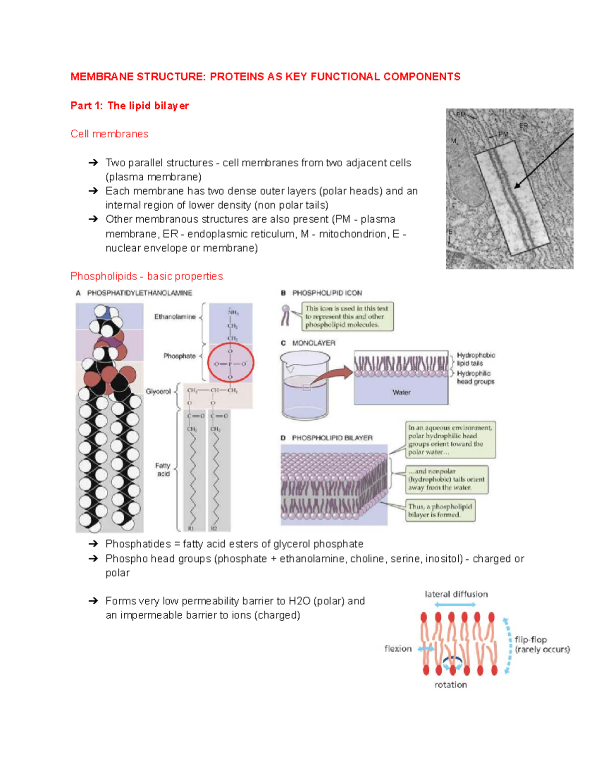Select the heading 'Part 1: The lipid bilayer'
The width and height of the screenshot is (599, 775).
[129, 106]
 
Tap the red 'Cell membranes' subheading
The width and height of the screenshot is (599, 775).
[109, 134]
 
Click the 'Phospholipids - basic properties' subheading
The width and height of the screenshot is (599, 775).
[146, 276]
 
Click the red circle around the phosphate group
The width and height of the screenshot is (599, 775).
[231, 363]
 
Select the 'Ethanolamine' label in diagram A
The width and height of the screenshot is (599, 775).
[175, 317]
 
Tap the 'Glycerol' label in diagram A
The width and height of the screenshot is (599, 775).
[158, 392]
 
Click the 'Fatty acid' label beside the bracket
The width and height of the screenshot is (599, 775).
[163, 470]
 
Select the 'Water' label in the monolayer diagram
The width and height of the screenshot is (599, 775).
[401, 392]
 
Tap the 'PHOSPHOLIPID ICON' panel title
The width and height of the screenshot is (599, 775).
[327, 293]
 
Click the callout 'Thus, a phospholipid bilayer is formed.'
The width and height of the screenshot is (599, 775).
[440, 511]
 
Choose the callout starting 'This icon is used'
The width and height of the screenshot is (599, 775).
[347, 316]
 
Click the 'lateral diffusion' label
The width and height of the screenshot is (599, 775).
[456, 594]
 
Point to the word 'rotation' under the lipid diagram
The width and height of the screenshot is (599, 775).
[451, 685]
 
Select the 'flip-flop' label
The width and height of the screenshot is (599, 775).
[531, 640]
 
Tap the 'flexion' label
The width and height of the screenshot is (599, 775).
[398, 649]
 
